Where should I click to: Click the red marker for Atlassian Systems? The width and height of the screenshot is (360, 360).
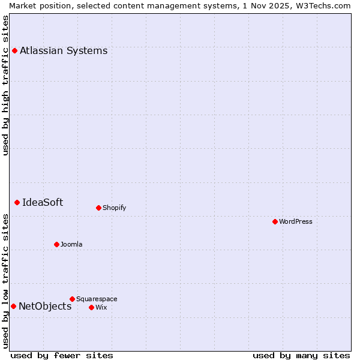[14, 50]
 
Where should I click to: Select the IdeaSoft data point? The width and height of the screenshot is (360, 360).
[17, 202]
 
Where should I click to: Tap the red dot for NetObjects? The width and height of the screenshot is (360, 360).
[13, 306]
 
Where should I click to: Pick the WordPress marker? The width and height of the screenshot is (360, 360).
[275, 221]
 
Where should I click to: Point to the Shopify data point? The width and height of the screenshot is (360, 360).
[98, 208]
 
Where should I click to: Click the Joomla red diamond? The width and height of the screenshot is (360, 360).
[56, 244]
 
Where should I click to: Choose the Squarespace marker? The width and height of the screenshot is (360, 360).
[72, 299]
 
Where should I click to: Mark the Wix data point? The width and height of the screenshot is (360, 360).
[91, 307]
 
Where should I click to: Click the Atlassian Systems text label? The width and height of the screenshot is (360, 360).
[64, 50]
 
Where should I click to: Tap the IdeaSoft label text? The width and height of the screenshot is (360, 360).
[43, 202]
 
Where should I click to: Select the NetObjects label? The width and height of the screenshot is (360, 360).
[45, 306]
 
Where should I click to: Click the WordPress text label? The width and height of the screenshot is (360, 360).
[296, 221]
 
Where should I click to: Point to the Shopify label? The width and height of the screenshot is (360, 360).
[114, 208]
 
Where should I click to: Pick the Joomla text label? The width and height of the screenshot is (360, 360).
[71, 244]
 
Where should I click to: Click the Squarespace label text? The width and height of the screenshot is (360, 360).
[97, 299]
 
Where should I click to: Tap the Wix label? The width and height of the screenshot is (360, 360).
[101, 307]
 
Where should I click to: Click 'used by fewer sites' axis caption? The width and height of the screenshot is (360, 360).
[62, 355]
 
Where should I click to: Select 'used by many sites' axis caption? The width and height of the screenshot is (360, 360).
[301, 355]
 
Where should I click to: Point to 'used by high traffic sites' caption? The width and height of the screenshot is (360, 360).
[5, 85]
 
